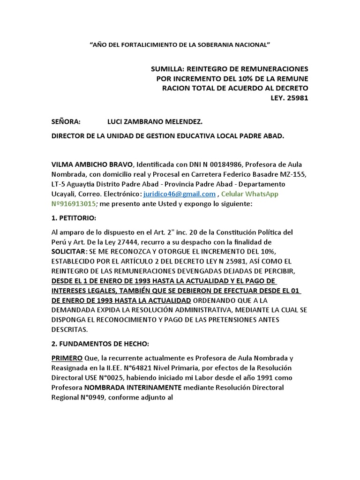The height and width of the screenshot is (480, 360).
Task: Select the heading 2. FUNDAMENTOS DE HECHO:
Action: coord(100,343)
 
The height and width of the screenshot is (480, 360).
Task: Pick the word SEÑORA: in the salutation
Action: coord(66,121)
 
